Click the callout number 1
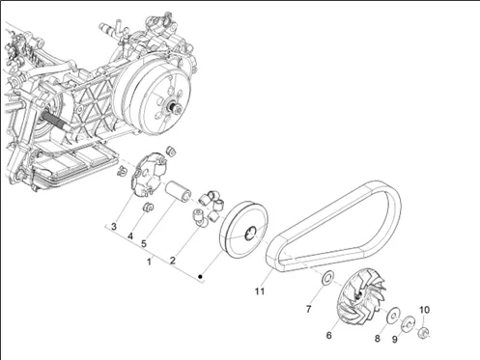[x=149, y=262]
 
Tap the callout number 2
[x=173, y=261]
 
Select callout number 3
[x=114, y=227]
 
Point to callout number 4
[x=130, y=236]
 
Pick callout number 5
[x=144, y=244]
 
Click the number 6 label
[x=328, y=335]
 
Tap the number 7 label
[x=308, y=309]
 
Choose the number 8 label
[x=378, y=339]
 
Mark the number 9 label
[x=395, y=340]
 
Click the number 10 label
[x=424, y=310]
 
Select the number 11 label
[x=260, y=291]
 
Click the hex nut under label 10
[x=423, y=332]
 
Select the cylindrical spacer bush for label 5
[x=178, y=191]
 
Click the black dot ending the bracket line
[x=200, y=276]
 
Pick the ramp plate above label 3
[x=149, y=174]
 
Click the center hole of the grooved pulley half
[x=250, y=234]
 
